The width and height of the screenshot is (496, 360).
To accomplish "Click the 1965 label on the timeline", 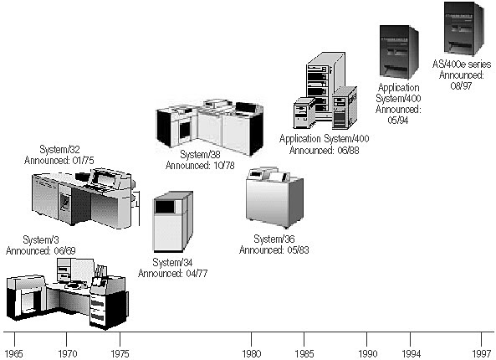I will [x=14, y=352].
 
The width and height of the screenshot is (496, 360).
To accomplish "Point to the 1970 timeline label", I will [x=69, y=352].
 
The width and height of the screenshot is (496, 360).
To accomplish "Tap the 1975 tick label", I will [x=120, y=352].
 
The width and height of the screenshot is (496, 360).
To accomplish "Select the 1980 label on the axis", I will [x=252, y=352].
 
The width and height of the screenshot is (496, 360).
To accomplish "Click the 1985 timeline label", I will [x=304, y=352].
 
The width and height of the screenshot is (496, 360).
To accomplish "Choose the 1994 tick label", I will [x=411, y=352].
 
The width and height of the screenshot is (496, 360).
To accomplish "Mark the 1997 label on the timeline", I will [x=481, y=352].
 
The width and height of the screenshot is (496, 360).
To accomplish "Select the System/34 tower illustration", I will [x=172, y=222].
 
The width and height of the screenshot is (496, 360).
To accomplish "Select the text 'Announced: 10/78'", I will [x=202, y=166].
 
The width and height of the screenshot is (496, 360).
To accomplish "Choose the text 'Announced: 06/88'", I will [x=324, y=149].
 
